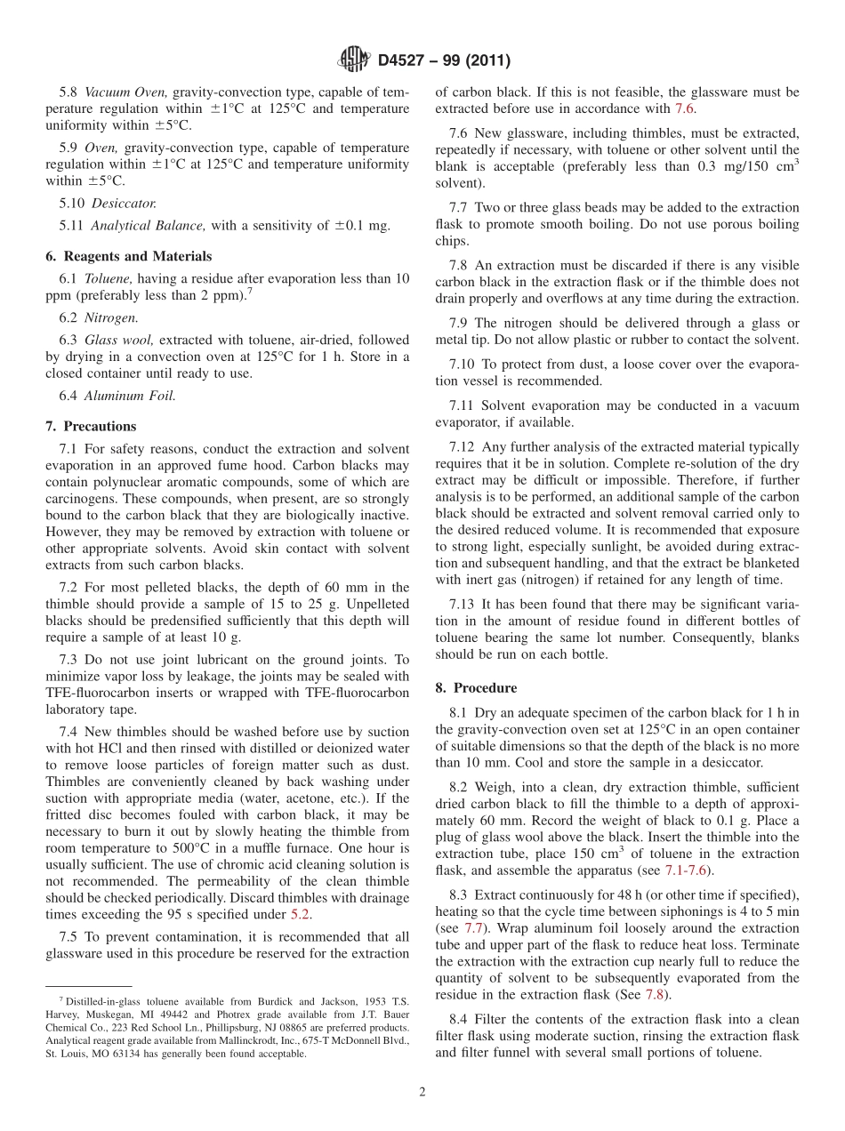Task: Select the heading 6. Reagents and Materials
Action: click(128, 256)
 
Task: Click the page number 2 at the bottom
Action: click(422, 1092)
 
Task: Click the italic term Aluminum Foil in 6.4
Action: click(130, 397)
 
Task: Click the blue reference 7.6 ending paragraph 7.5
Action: click(683, 108)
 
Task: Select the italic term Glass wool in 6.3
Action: click(113, 340)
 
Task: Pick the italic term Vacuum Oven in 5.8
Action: click(125, 92)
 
